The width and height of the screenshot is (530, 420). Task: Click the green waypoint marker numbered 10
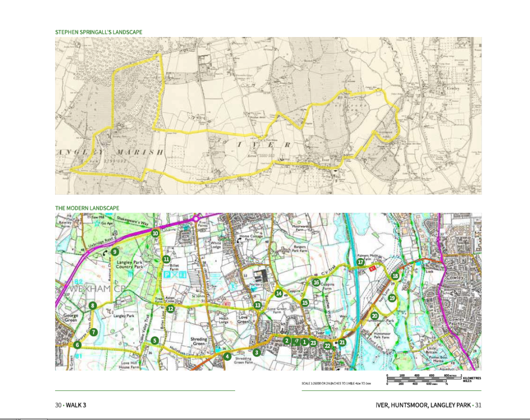155,233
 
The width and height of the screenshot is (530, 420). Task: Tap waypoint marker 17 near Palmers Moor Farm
361,262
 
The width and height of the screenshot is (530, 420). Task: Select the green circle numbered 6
77,345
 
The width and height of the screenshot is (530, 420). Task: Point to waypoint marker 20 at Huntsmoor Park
375,316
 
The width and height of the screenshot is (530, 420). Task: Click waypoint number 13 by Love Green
257,305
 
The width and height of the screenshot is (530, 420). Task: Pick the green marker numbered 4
227,356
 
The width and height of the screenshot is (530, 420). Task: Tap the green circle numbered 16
316,282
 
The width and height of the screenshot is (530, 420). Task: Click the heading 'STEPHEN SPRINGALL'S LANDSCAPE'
98,32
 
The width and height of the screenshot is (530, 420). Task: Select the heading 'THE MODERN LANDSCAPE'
87,208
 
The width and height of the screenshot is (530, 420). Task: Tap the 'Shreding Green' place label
199,342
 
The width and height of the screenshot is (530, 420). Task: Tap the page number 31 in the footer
479,405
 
